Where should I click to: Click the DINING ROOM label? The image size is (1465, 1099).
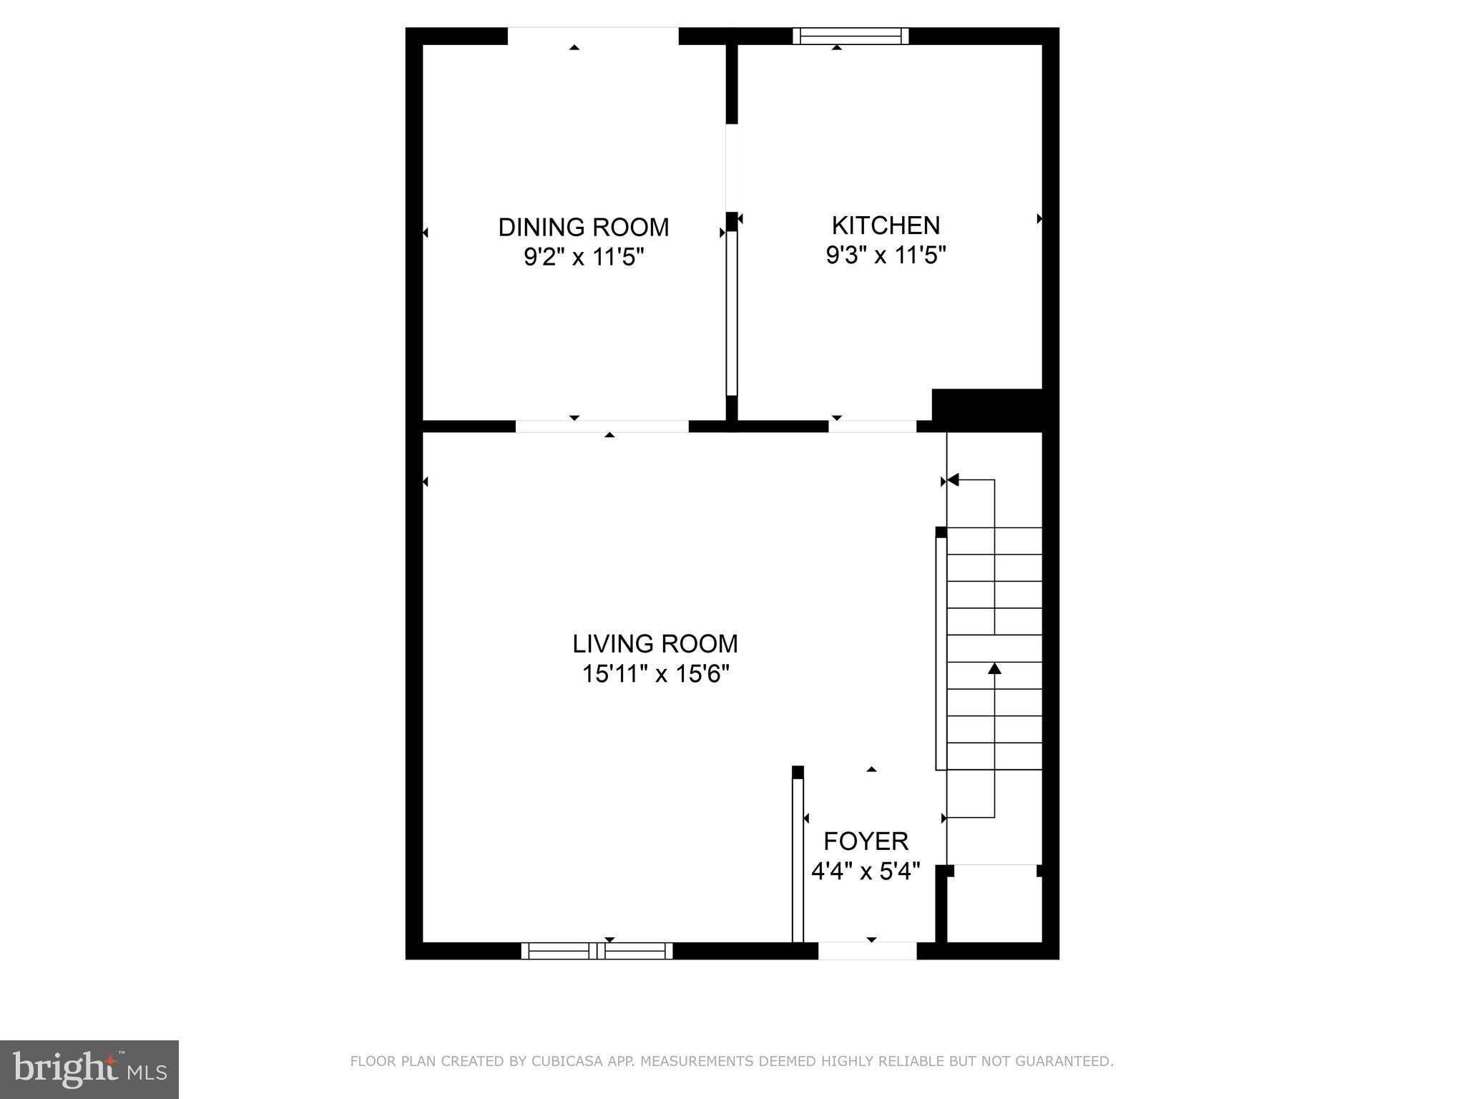coord(583,228)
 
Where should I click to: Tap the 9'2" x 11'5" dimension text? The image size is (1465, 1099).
coord(584,257)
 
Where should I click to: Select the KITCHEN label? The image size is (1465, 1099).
coord(885,225)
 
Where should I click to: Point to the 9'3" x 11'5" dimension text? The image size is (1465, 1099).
coord(886,255)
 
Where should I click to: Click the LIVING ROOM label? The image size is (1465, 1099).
coord(655,644)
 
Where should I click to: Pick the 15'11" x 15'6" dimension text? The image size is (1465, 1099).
coord(655,674)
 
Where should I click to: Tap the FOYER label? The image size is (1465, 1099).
coord(866,841)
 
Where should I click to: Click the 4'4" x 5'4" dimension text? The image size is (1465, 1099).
coord(866,871)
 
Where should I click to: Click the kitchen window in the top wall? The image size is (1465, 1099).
coord(850,36)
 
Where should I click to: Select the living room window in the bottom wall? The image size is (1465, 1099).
coord(597,951)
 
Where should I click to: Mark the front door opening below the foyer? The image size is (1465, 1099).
coord(867,951)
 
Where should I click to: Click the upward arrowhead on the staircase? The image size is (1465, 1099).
coord(994,669)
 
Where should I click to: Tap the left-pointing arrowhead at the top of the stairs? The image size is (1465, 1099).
coord(954,480)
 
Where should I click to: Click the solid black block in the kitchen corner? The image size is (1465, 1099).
coord(987,409)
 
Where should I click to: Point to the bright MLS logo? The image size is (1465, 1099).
coord(89,1069)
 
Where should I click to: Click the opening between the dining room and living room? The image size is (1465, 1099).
coord(602,426)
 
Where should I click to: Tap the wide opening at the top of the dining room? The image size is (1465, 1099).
coord(592,36)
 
